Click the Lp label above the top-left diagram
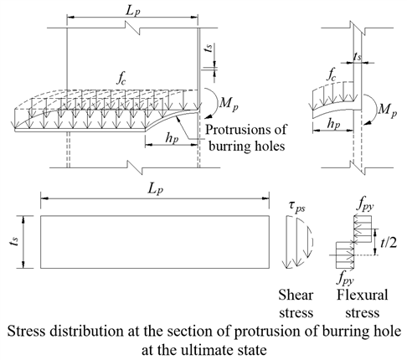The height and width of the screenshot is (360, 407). point(132,11)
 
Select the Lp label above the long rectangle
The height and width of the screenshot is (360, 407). point(156,189)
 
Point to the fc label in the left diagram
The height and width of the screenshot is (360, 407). point(121,79)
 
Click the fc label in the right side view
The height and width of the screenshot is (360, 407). point(332,75)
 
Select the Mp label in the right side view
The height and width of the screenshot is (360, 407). point(388,110)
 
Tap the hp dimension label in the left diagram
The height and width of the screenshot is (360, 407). point(172,137)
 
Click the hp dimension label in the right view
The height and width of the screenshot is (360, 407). point(333,124)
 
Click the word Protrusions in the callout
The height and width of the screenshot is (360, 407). point(246,130)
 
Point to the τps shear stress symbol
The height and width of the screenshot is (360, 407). point(297,207)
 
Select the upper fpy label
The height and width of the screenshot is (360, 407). point(365,206)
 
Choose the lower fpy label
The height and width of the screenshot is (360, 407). point(346,278)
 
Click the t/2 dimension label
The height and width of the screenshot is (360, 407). point(389,243)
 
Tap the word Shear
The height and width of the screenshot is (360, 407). point(296,295)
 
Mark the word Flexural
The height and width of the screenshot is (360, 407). point(363,295)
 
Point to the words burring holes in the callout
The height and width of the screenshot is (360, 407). point(247,147)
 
